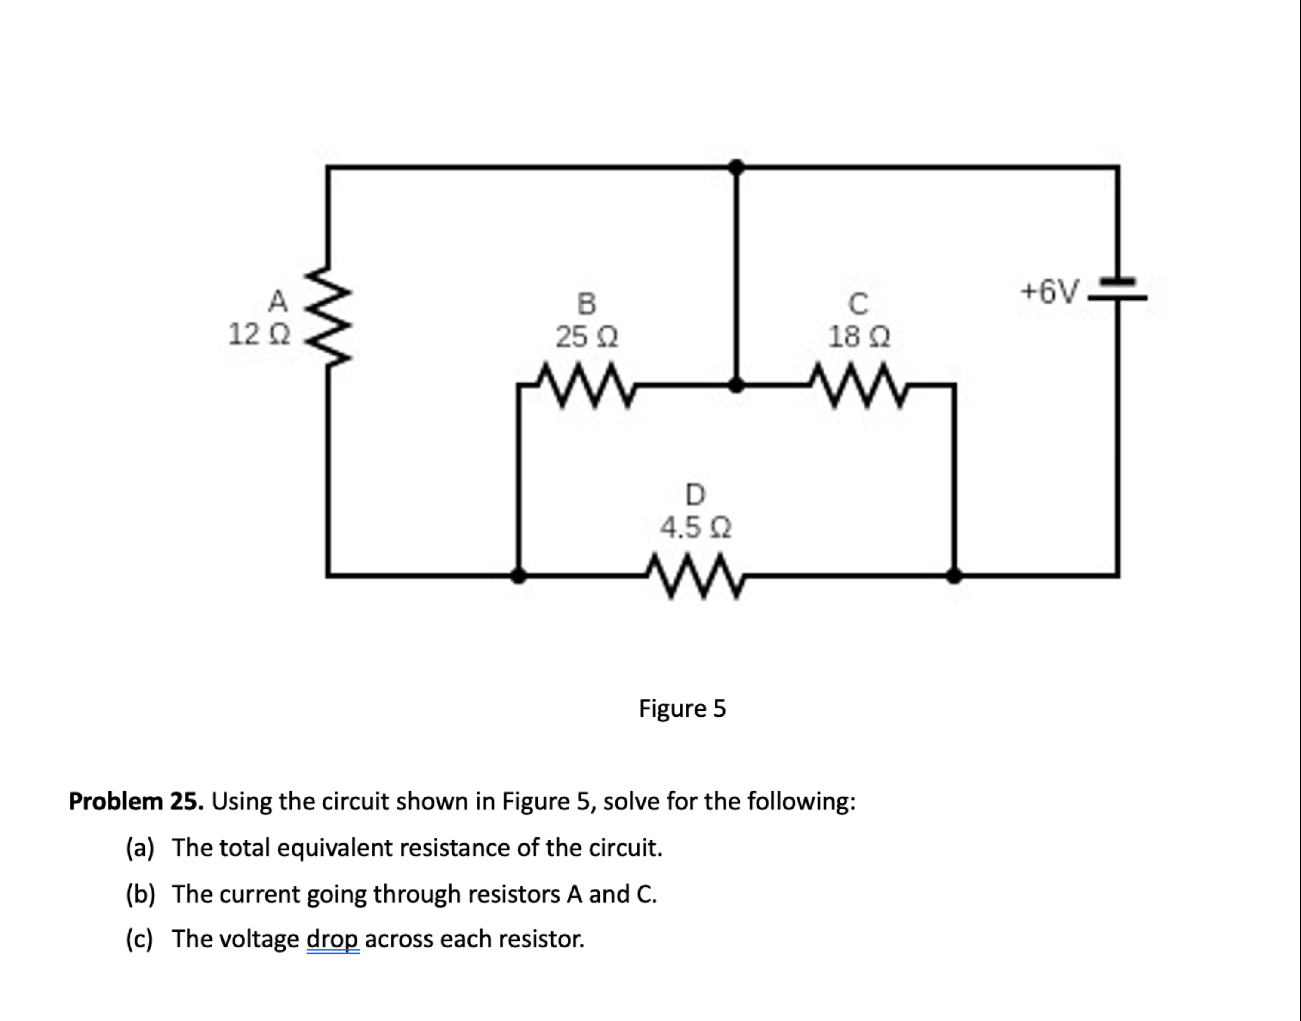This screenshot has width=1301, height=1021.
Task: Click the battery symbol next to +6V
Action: point(1117,289)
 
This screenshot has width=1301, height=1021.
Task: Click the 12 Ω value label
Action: point(259,334)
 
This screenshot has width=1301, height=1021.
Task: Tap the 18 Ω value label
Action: point(858,337)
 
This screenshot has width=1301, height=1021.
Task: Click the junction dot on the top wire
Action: point(737,167)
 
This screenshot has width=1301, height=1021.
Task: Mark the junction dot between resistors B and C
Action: point(737,386)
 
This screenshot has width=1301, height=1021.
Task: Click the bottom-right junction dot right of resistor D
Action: point(954,576)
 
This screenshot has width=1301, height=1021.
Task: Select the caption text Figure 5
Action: point(682,709)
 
